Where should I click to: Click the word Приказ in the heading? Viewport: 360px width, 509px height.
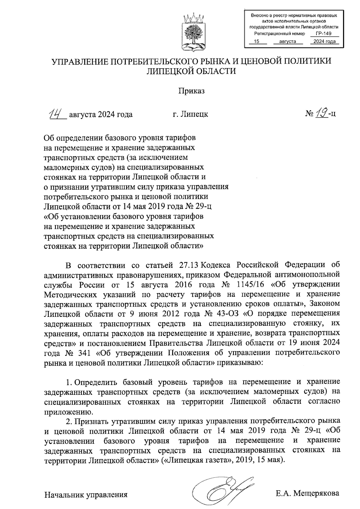click(x=191, y=91)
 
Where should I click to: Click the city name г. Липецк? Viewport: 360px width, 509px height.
click(x=190, y=114)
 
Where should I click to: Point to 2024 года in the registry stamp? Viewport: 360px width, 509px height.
click(x=324, y=42)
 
